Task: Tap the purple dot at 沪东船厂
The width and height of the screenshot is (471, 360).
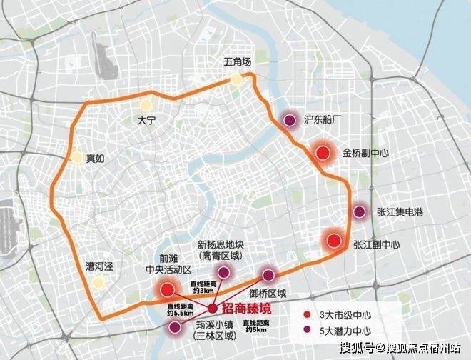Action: (289, 121)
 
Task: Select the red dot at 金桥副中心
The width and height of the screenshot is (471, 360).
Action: (323, 153)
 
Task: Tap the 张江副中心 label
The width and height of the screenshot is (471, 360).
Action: (377, 244)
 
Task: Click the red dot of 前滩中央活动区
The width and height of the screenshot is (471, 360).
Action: (168, 289)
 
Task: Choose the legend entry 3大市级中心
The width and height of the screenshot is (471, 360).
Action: (338, 314)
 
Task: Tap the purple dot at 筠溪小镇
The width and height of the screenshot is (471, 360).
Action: (175, 328)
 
